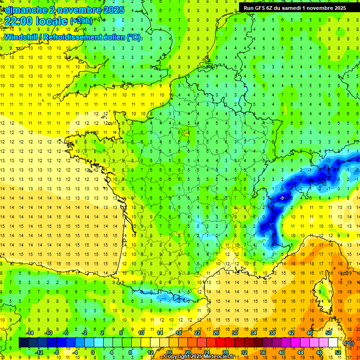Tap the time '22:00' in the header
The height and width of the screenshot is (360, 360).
pyautogui.click(x=22, y=21)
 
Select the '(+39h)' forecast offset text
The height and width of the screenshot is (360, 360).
pyautogui.click(x=81, y=21)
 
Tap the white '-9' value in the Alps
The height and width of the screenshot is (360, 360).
pyautogui.click(x=282, y=199)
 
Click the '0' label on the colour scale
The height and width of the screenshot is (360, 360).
pyautogui.click(x=92, y=352)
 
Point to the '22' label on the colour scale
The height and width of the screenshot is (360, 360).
pyautogui.click(x=197, y=332)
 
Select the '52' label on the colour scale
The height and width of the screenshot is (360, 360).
pyautogui.click(x=337, y=352)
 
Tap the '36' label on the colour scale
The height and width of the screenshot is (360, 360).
pyautogui.click(x=263, y=352)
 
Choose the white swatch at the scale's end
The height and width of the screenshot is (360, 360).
pyautogui.click(x=333, y=343)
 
